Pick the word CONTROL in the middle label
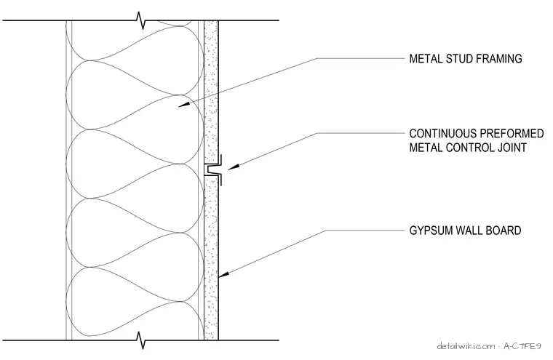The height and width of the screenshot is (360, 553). (x=469, y=148)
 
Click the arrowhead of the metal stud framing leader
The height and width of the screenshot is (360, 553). (x=183, y=105)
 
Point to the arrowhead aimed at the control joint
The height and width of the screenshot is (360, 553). (x=234, y=167)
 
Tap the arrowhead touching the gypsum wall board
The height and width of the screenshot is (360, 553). (x=224, y=274)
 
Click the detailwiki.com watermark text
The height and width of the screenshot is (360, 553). (x=466, y=346)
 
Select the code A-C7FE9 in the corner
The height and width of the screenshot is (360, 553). (x=522, y=346)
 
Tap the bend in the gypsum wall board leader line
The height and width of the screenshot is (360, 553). (x=326, y=231)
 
